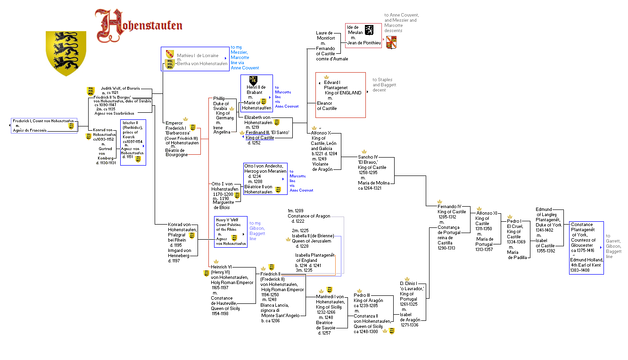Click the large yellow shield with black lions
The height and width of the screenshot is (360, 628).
(66, 52)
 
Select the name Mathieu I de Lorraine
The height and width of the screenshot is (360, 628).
(198, 56)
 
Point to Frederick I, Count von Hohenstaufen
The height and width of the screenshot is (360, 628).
(43, 121)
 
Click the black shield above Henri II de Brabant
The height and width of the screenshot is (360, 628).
(253, 80)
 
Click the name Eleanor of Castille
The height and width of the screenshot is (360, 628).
(327, 106)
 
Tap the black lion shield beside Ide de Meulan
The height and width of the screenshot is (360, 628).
(369, 30)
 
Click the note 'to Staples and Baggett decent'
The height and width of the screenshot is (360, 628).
(384, 85)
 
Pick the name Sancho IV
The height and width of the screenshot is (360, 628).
(368, 157)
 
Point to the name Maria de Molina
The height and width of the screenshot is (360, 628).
(373, 183)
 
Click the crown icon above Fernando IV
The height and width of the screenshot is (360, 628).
(439, 201)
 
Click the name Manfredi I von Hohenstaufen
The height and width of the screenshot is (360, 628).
(330, 299)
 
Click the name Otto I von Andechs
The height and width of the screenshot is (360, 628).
(263, 166)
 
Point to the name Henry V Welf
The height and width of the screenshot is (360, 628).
(227, 220)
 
